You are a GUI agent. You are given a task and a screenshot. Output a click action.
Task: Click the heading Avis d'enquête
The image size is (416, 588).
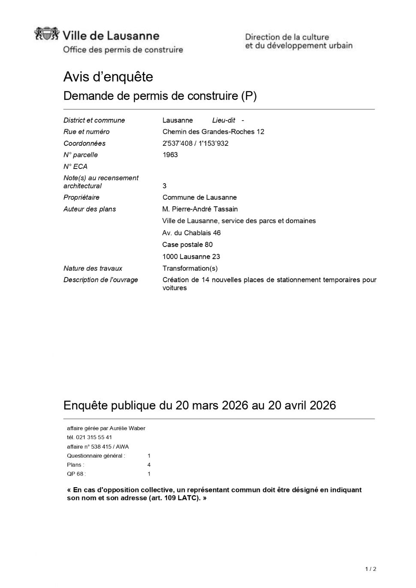click(108, 77)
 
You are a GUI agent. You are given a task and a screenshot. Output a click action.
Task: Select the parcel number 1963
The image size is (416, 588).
click(170, 155)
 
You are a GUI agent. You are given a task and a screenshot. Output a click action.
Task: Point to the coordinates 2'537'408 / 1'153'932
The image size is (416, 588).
click(195, 143)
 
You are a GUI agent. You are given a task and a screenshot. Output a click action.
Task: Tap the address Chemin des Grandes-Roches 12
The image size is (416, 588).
click(213, 132)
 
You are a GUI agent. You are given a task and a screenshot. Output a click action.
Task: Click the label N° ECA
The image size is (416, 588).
click(75, 166)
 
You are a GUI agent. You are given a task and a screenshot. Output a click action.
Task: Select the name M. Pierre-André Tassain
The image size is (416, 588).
click(200, 209)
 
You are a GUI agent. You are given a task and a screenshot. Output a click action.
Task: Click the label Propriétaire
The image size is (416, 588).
click(81, 198)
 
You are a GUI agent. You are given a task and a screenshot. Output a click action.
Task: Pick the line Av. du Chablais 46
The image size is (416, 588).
click(191, 233)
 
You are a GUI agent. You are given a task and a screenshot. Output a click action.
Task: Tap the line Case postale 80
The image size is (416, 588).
click(187, 245)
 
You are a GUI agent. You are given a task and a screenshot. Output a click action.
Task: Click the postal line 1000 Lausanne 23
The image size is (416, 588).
click(191, 257)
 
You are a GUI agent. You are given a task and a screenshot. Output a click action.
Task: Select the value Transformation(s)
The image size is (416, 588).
click(190, 268)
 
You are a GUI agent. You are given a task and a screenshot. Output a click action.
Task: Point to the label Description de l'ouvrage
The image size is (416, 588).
click(101, 280)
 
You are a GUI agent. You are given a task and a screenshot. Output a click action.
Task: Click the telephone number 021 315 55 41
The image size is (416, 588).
click(94, 437)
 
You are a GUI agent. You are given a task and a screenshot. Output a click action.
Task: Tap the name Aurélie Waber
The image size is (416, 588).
click(127, 428)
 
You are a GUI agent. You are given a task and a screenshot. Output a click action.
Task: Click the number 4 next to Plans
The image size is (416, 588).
click(149, 465)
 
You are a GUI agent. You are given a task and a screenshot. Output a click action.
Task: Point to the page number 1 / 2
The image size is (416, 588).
click(371, 569)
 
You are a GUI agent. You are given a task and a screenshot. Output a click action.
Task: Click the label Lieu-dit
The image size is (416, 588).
click(223, 121)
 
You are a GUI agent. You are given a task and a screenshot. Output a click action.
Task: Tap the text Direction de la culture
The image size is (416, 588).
click(287, 37)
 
